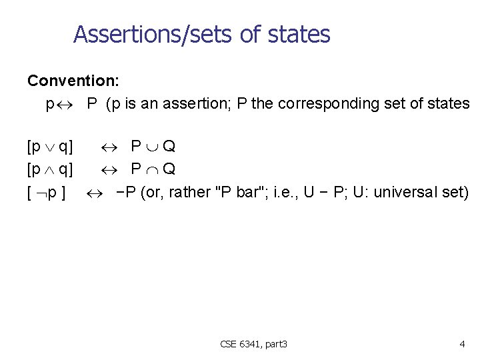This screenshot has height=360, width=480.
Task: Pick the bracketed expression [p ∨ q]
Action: click(x=50, y=145)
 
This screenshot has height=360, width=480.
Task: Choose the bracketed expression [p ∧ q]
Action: click(x=50, y=169)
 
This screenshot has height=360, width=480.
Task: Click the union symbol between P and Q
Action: click(x=150, y=146)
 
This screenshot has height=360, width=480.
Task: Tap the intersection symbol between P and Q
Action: click(x=150, y=169)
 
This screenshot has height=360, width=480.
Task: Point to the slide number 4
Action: click(x=462, y=344)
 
